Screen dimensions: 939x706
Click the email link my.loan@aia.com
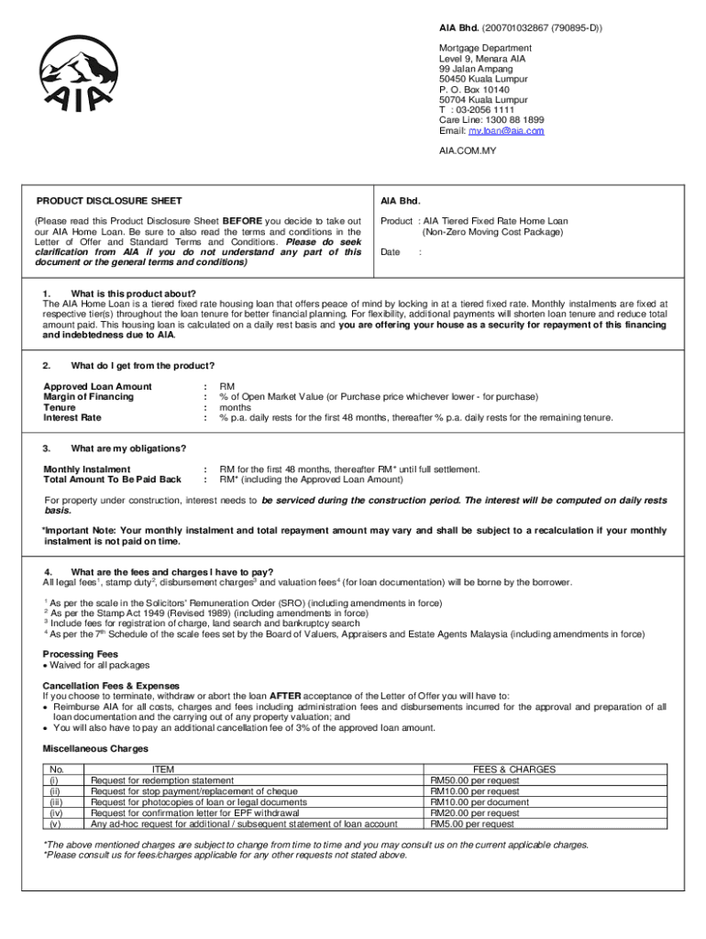click(x=507, y=131)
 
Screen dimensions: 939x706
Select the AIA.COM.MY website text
click(x=467, y=149)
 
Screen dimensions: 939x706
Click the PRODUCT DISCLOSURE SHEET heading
click(x=109, y=201)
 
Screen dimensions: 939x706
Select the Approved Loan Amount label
click(x=98, y=387)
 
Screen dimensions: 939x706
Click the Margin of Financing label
click(x=88, y=397)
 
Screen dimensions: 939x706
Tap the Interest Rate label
click(x=72, y=417)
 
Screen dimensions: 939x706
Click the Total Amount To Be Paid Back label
click(x=112, y=480)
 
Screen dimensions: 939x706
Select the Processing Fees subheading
click(x=80, y=655)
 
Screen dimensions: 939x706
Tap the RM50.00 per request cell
click(x=475, y=780)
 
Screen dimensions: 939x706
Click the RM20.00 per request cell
click(x=475, y=813)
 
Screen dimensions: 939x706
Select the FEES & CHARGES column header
click(x=513, y=769)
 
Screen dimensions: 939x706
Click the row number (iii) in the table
click(x=56, y=802)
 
